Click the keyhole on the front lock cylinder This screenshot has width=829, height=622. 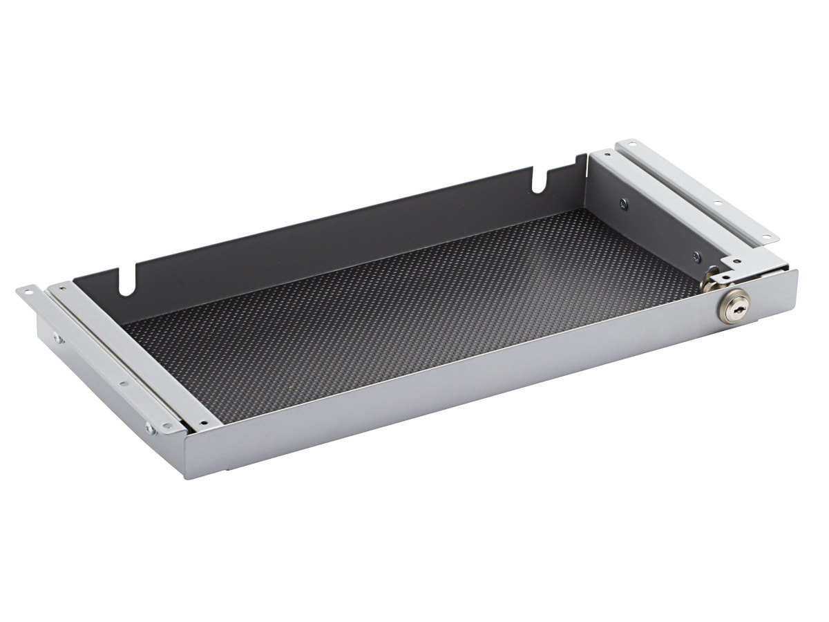734,304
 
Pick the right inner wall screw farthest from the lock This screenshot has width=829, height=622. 625,203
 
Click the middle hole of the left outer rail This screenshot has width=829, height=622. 124,384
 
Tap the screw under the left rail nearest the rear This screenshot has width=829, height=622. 58,339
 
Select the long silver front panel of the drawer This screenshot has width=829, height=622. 484,387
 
